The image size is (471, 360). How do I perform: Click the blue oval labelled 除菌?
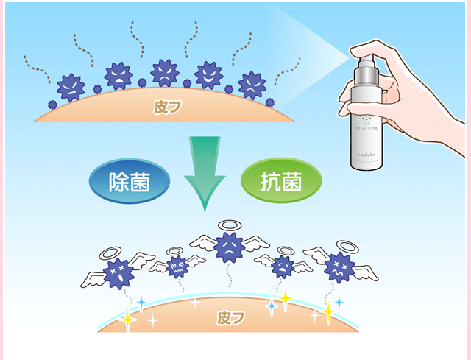(x=129, y=182)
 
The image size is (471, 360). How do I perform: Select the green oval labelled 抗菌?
(x=280, y=182)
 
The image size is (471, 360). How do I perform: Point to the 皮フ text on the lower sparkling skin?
(x=230, y=318)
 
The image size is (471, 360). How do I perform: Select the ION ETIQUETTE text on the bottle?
(x=364, y=121)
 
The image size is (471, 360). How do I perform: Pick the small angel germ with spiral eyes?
(x=177, y=266)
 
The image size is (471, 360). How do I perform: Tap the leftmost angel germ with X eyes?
(x=118, y=273)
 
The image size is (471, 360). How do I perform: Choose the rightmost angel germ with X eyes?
(x=339, y=267)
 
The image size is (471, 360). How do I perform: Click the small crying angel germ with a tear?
(x=282, y=266)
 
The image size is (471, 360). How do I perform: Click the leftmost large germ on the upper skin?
(x=71, y=87)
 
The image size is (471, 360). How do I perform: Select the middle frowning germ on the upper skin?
(x=163, y=72)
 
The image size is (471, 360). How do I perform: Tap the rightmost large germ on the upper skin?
(x=252, y=85)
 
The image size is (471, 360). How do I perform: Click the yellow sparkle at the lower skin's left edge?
(x=128, y=319)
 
